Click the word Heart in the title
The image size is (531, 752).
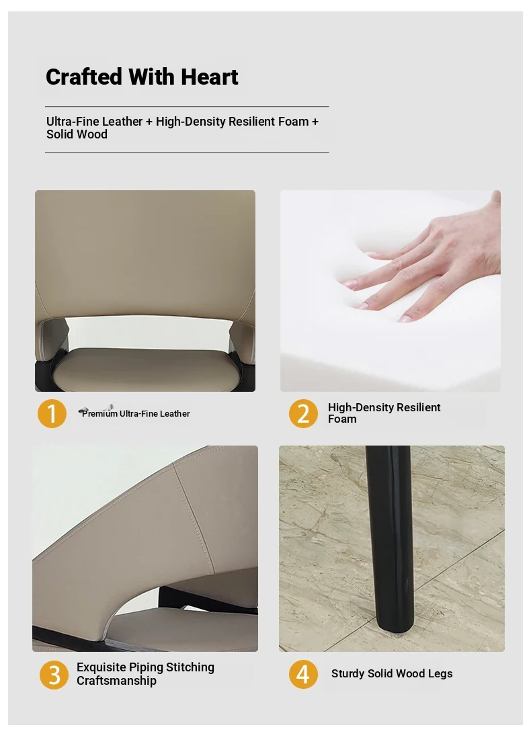(209, 77)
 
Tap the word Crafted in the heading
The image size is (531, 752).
(84, 77)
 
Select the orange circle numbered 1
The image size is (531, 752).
(52, 413)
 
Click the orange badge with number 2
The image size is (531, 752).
(303, 413)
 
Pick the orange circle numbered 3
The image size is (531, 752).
(54, 675)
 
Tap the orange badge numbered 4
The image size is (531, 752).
(303, 674)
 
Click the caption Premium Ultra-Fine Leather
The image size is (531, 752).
(136, 413)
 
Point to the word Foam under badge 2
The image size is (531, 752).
(342, 419)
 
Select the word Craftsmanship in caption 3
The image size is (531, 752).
(116, 681)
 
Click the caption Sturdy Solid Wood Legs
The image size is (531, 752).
(392, 673)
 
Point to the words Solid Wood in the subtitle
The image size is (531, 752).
(77, 134)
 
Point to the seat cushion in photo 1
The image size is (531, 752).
(147, 370)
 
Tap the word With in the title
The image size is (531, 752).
(151, 77)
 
